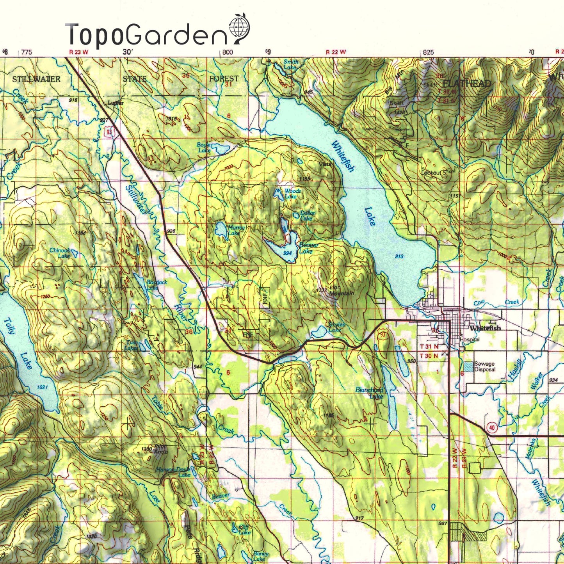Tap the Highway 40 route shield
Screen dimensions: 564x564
492,428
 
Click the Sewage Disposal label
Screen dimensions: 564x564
485,367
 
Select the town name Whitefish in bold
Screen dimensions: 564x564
485,328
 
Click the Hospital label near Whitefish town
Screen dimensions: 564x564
470,340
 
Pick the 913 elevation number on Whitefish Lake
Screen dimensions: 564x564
399,256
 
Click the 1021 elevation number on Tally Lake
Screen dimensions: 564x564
42,387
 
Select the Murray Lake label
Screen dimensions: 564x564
236,230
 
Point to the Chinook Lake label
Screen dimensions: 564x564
60,253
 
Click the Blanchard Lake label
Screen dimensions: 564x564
369,393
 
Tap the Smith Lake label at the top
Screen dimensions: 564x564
290,64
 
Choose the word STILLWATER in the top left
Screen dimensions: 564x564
36,79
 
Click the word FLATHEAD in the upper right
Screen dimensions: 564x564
466,84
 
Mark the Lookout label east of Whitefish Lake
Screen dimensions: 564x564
431,173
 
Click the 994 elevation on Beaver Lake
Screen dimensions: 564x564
287,253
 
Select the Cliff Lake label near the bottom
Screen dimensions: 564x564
244,530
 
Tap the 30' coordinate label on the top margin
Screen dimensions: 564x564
128,52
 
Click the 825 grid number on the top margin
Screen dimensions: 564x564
428,52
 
